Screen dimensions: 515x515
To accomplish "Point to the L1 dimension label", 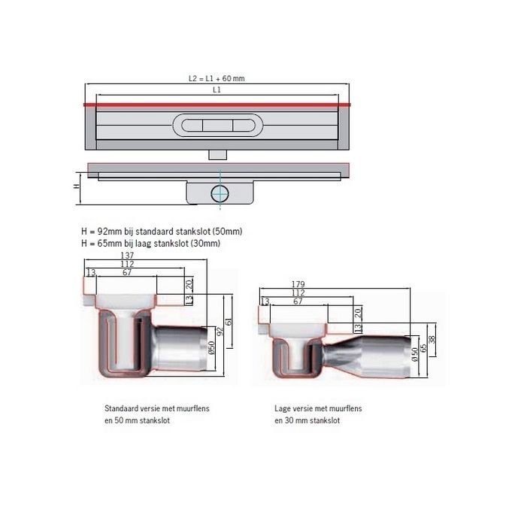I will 217,90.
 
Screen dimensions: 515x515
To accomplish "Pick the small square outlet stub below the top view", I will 217,153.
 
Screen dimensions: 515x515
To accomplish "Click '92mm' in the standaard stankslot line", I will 105,232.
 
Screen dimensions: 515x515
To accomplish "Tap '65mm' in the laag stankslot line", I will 105,244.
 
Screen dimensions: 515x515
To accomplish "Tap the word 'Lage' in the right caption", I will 284,409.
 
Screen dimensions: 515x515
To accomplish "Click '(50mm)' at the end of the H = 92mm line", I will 227,232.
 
